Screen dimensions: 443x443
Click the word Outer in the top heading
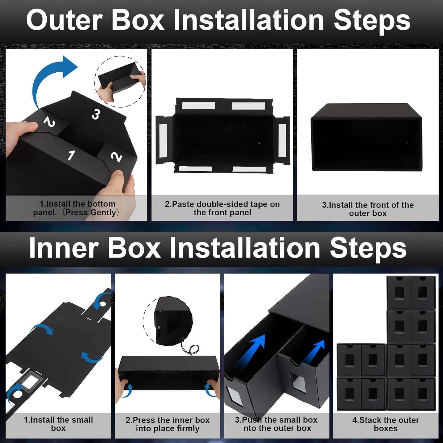pyautogui.click(x=64, y=20)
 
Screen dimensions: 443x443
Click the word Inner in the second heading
pyautogui.click(x=63, y=248)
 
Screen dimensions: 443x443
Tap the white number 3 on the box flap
pyautogui.click(x=95, y=114)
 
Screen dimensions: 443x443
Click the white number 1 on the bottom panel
pyautogui.click(x=71, y=155)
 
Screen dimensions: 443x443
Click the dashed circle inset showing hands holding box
pyautogui.click(x=120, y=81)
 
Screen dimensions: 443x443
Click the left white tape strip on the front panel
pyautogui.click(x=163, y=140)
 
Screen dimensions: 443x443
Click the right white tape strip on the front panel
pyautogui.click(x=282, y=140)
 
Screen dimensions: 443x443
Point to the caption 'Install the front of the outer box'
pyautogui.click(x=368, y=209)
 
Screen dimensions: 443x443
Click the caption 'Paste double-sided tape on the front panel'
pyautogui.click(x=222, y=208)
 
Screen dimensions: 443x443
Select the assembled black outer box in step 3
pyautogui.click(x=366, y=137)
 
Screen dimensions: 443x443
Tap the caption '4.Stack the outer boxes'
pyautogui.click(x=385, y=424)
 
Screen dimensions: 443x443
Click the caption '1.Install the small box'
pyautogui.click(x=58, y=424)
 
